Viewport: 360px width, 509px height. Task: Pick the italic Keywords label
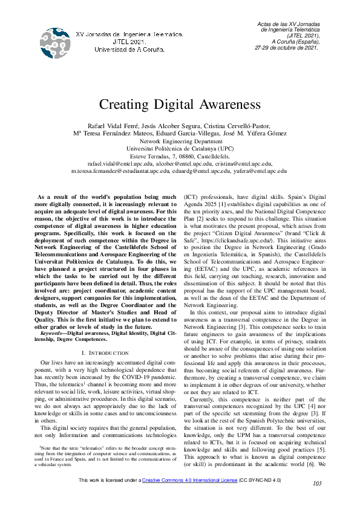click(51, 333)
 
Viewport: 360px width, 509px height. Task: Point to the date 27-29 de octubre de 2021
click(287, 47)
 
